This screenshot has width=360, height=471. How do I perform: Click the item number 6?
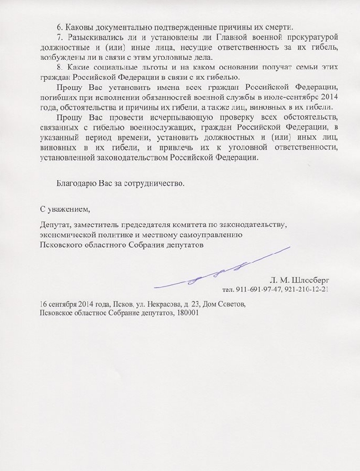(60, 28)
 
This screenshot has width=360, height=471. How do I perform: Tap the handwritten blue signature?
(222, 272)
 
